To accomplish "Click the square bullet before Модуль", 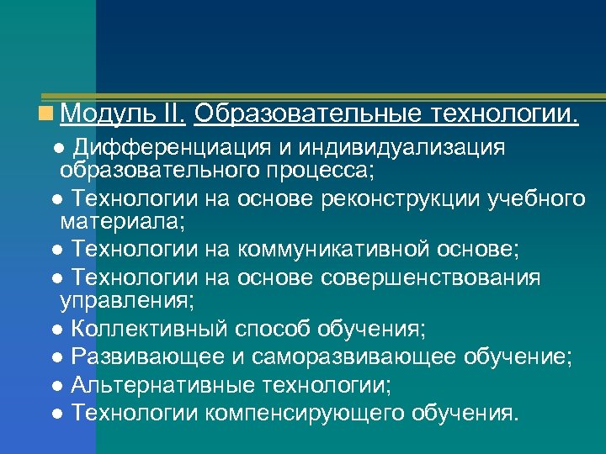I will (x=53, y=113).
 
